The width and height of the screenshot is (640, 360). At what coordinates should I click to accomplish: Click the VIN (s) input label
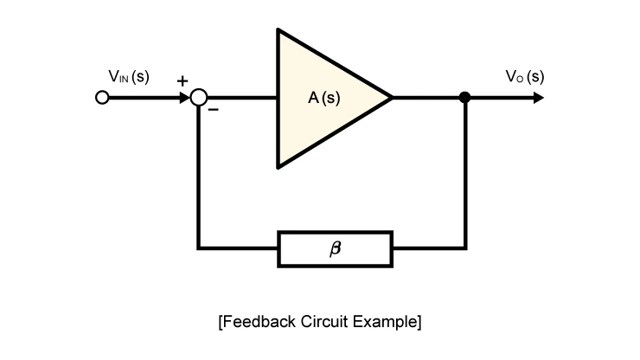(129, 76)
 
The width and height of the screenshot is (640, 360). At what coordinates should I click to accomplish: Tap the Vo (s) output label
(525, 76)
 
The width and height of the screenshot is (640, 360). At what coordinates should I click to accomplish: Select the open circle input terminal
(102, 98)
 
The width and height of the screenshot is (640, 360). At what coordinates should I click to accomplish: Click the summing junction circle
(199, 98)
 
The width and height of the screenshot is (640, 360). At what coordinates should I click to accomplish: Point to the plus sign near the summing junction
(182, 80)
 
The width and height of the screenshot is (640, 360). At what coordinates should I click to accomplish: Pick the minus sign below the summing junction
(214, 110)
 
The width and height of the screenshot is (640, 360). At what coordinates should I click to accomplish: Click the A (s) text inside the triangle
(324, 98)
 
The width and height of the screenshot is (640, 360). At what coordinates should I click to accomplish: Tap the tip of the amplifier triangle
(393, 98)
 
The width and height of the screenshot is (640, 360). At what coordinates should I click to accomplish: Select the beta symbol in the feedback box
(335, 248)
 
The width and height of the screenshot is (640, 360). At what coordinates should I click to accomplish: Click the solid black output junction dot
(464, 98)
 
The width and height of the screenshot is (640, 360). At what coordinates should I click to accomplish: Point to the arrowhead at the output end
(539, 98)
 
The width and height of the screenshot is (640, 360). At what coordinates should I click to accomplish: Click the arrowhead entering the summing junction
(185, 98)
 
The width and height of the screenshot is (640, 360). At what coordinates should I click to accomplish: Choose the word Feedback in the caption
(257, 322)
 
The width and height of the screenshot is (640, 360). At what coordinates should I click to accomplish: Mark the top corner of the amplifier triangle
(278, 29)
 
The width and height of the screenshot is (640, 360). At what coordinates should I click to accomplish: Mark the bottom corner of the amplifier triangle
(278, 167)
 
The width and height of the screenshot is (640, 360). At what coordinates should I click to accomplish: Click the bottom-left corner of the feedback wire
(198, 248)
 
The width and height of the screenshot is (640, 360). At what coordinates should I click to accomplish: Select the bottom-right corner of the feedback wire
(465, 248)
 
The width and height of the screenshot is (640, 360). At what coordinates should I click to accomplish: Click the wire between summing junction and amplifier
(241, 98)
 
